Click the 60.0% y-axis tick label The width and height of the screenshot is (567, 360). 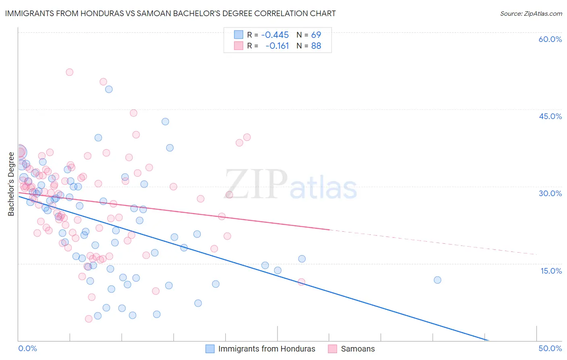[550, 39]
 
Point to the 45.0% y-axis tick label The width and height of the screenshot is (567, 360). [550, 116]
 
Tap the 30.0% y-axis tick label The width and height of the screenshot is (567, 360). [550, 193]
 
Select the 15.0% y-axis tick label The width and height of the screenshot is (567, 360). [551, 270]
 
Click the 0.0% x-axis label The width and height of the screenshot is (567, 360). [27, 348]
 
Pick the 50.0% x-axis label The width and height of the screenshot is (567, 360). [550, 348]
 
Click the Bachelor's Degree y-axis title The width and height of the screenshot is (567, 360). [11, 184]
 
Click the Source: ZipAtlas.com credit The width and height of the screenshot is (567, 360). [531, 13]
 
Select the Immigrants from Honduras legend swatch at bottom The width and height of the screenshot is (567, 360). [210, 349]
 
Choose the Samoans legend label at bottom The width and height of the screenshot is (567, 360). [358, 349]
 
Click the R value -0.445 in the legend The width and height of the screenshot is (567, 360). [275, 35]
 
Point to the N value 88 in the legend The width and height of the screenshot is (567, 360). [316, 46]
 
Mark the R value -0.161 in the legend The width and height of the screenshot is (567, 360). [277, 46]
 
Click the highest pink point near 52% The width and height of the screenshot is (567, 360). [69, 72]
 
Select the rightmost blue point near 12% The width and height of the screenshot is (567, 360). [437, 280]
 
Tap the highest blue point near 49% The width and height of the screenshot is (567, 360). [108, 89]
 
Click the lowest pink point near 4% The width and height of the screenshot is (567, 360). [89, 319]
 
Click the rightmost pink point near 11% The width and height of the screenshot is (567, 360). [301, 282]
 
